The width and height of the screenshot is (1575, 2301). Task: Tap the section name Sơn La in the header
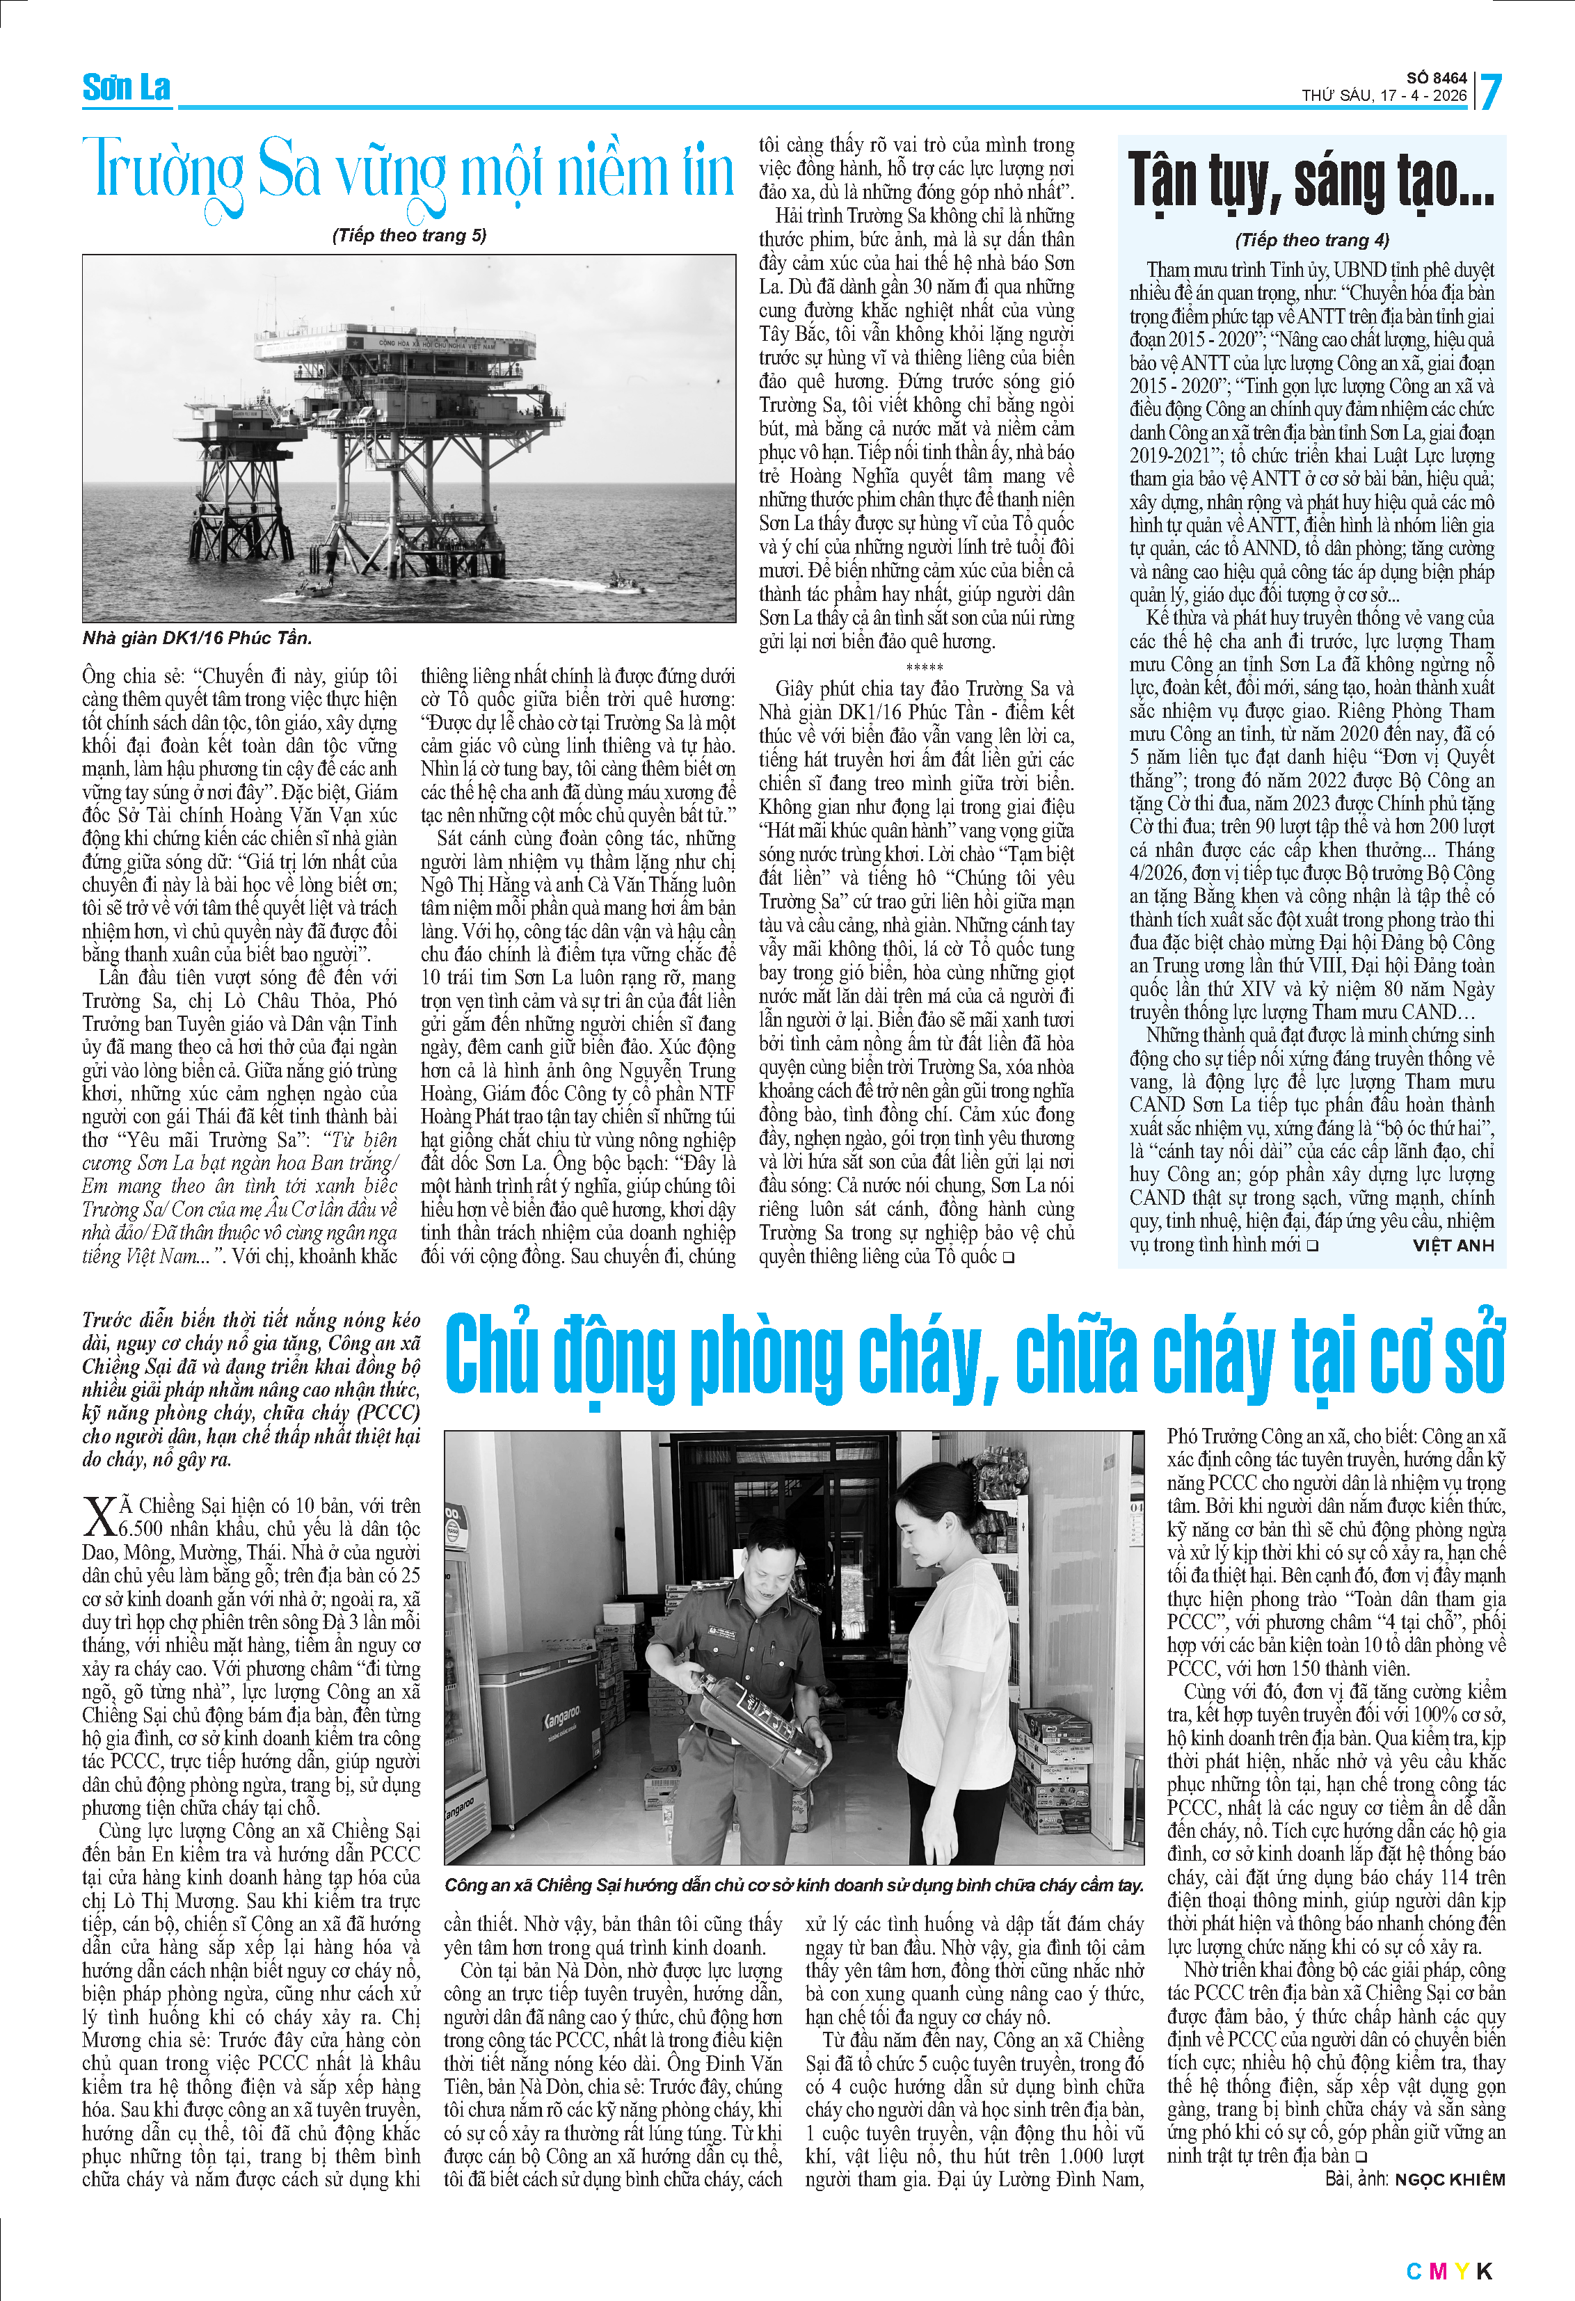point(126,88)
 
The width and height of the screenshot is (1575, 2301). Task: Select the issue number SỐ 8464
point(1437,77)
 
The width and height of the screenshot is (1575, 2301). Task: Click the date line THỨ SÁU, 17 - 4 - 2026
point(1383,95)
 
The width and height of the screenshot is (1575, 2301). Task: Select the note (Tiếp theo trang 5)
point(409,234)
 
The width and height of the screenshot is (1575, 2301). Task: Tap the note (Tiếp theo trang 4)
point(1311,239)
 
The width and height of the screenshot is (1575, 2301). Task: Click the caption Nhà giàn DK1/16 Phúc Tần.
point(197,638)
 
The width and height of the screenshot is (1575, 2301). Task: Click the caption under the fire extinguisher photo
point(793,1885)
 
